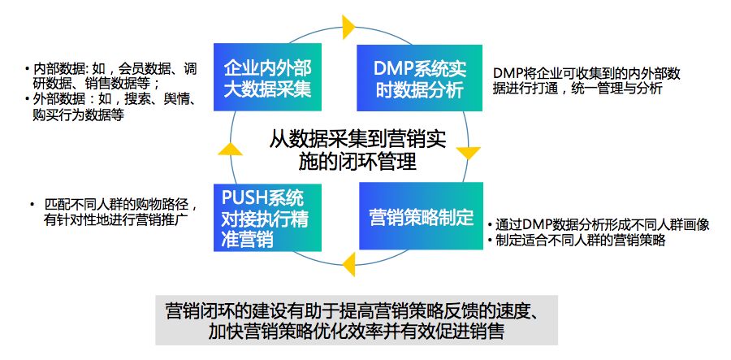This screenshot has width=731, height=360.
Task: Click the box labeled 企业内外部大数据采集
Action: [x=267, y=77]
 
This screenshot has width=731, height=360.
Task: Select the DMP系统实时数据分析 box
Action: [x=420, y=78]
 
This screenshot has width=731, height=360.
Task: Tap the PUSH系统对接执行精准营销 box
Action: [x=267, y=218]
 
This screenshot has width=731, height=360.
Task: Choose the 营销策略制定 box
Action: [x=421, y=216]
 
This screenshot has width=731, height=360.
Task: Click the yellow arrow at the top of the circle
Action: [x=348, y=27]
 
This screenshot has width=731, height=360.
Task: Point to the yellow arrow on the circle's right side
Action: [x=468, y=153]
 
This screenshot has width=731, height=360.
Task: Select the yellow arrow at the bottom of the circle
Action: [x=348, y=264]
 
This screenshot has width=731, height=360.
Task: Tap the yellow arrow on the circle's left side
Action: [x=231, y=149]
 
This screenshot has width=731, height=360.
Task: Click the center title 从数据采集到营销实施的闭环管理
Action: [x=357, y=150]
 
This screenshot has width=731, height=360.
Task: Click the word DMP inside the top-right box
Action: [x=390, y=69]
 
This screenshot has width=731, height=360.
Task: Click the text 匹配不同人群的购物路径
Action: [x=120, y=205]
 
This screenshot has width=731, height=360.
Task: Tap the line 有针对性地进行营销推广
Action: [x=116, y=219]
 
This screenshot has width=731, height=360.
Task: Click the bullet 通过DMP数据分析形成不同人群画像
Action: [x=599, y=225]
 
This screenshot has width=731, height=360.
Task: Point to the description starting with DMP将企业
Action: [x=586, y=80]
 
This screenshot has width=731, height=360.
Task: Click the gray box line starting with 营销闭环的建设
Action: [x=356, y=311]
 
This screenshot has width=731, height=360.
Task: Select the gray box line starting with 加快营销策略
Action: [x=357, y=331]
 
